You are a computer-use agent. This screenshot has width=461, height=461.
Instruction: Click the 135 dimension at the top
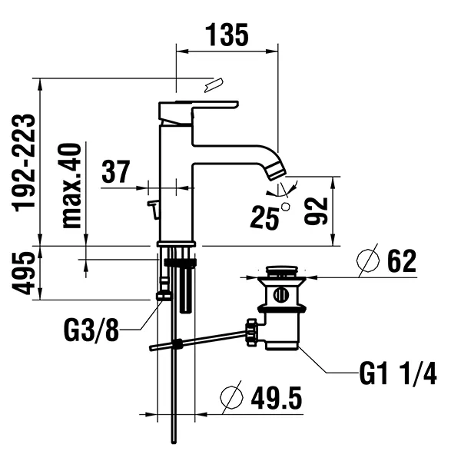point(227,35)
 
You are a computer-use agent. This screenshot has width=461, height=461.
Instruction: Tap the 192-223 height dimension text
point(24,163)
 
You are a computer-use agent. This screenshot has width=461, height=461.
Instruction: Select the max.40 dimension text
point(71,186)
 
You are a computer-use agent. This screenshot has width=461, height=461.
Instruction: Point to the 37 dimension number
point(115,171)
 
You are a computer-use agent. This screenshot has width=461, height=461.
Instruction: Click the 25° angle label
point(269,217)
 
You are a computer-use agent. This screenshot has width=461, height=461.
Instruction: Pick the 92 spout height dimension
point(316,211)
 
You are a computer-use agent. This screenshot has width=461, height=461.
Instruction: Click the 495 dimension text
point(24,273)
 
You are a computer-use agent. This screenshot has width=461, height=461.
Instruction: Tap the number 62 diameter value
point(402,260)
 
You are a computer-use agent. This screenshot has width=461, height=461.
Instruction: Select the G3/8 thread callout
point(91,330)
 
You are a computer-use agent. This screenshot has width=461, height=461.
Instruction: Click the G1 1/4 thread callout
point(398,373)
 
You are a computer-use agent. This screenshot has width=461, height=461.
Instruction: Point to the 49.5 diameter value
point(277,398)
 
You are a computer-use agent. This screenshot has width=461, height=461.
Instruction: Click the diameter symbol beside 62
point(368,260)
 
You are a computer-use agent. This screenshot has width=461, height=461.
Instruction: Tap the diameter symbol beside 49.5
point(232,397)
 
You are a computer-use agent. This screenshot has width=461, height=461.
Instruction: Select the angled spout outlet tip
point(277,171)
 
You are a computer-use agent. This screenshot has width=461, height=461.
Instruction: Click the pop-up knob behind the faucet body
point(153,209)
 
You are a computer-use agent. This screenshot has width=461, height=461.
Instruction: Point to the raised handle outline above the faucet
point(214,85)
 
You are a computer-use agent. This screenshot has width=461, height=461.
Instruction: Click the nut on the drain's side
point(252,332)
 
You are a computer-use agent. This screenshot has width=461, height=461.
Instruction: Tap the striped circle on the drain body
point(281,295)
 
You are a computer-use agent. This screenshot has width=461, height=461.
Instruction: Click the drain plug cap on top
point(282,270)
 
